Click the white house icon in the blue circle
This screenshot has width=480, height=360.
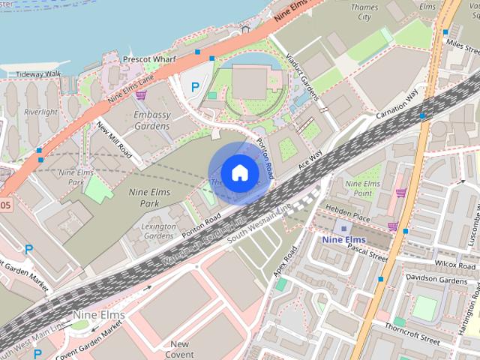(238, 173)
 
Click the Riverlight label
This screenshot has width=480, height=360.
(40, 112)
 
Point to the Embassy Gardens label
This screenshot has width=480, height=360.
(152, 121)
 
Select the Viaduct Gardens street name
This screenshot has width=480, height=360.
(304, 80)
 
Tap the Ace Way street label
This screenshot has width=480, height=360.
(310, 158)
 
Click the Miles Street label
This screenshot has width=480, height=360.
(462, 43)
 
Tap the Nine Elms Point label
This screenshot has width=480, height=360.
(363, 187)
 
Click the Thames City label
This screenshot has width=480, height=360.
(365, 11)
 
